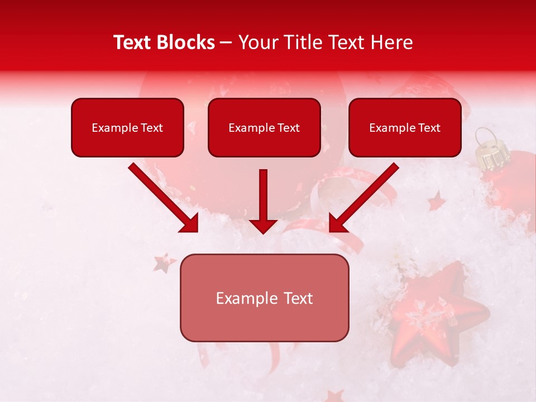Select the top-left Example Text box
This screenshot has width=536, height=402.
pyautogui.click(x=127, y=127)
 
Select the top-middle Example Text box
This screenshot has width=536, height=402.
pyautogui.click(x=264, y=127)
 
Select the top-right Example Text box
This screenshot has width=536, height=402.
pyautogui.click(x=405, y=127)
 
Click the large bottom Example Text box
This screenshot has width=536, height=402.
pyautogui.click(x=264, y=298)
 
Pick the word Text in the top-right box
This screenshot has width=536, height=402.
pyautogui.click(x=429, y=128)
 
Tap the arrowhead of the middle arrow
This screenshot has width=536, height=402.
pyautogui.click(x=263, y=226)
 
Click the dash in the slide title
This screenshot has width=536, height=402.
pyautogui.click(x=226, y=42)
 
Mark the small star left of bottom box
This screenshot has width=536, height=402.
pyautogui.click(x=164, y=262)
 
